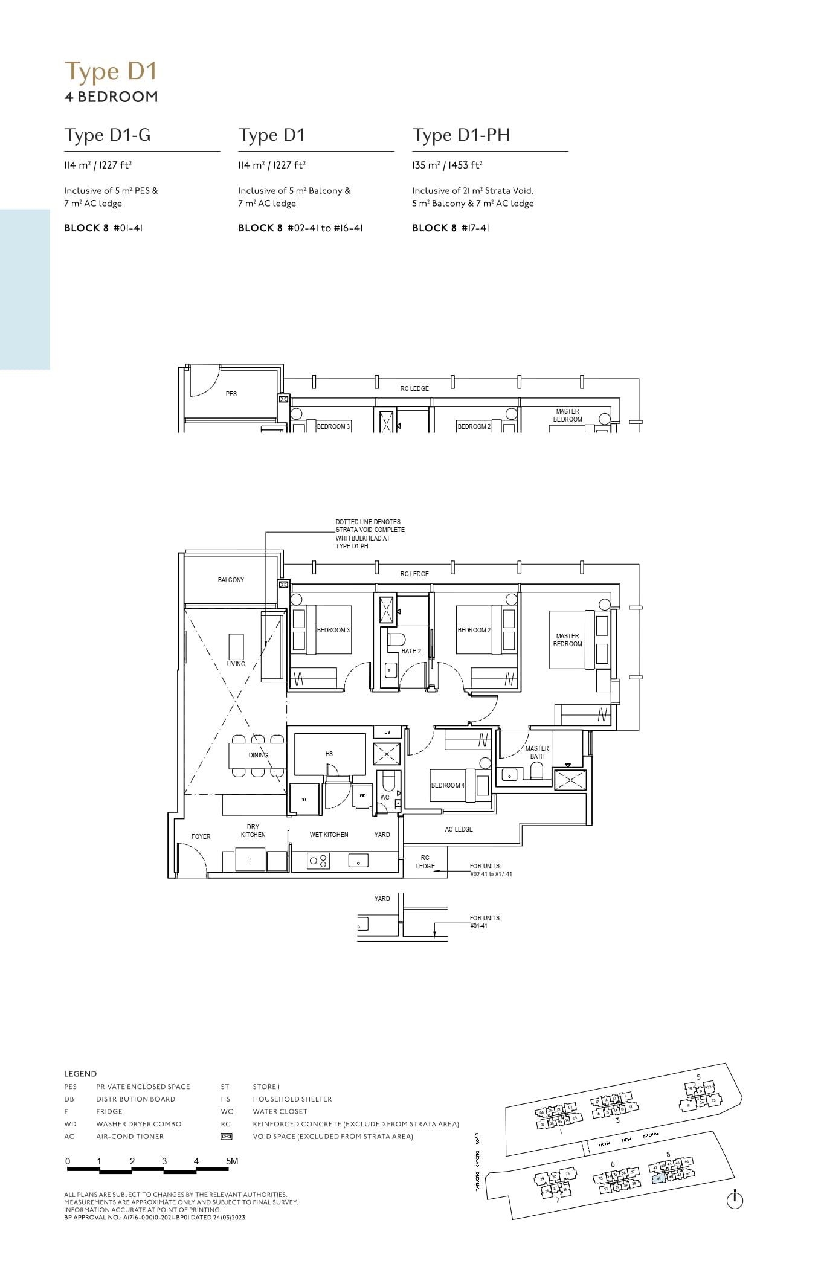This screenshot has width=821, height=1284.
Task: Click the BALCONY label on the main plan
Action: click(x=231, y=580)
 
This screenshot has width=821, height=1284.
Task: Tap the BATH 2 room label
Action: click(x=411, y=651)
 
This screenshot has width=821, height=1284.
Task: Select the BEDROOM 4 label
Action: click(x=448, y=785)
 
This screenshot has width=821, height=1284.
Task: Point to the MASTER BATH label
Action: click(x=537, y=752)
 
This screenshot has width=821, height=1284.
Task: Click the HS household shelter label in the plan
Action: click(x=329, y=754)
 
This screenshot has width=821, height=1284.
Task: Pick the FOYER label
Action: click(x=201, y=836)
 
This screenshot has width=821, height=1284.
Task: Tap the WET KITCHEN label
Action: click(x=329, y=835)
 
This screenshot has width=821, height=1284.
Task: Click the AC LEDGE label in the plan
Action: click(x=459, y=829)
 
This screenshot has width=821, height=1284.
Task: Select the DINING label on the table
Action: click(x=258, y=755)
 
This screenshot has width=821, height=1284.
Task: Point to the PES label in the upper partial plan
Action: click(x=231, y=394)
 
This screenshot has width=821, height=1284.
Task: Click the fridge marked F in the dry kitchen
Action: click(x=251, y=859)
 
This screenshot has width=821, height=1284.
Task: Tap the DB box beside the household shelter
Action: click(x=387, y=732)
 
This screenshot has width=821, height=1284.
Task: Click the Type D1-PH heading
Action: click(x=461, y=135)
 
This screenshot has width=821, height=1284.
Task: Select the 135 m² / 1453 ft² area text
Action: click(x=447, y=165)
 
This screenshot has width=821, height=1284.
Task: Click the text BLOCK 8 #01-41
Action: click(x=103, y=228)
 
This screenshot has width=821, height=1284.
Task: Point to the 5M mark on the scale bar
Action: click(x=231, y=1161)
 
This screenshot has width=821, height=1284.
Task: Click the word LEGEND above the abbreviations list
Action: click(x=80, y=1074)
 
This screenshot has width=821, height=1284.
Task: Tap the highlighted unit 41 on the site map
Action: click(x=658, y=1178)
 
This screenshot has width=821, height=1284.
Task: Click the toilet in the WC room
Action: click(x=388, y=783)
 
